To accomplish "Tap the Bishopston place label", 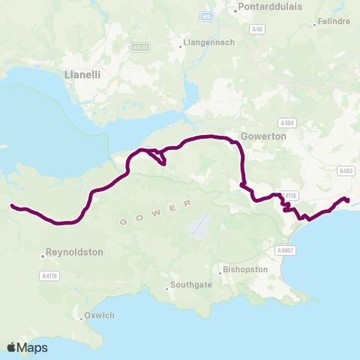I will tap(244, 268).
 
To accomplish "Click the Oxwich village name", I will tap(99, 316).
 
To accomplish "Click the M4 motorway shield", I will tap(206, 16).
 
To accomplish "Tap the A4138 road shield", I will tap(139, 47).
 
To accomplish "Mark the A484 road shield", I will tap(286, 122).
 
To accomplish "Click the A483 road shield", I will tap(346, 171).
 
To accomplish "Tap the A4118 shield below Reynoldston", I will tap(49, 276).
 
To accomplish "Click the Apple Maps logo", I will tap(27, 347).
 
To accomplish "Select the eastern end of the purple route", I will tap(347, 199).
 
